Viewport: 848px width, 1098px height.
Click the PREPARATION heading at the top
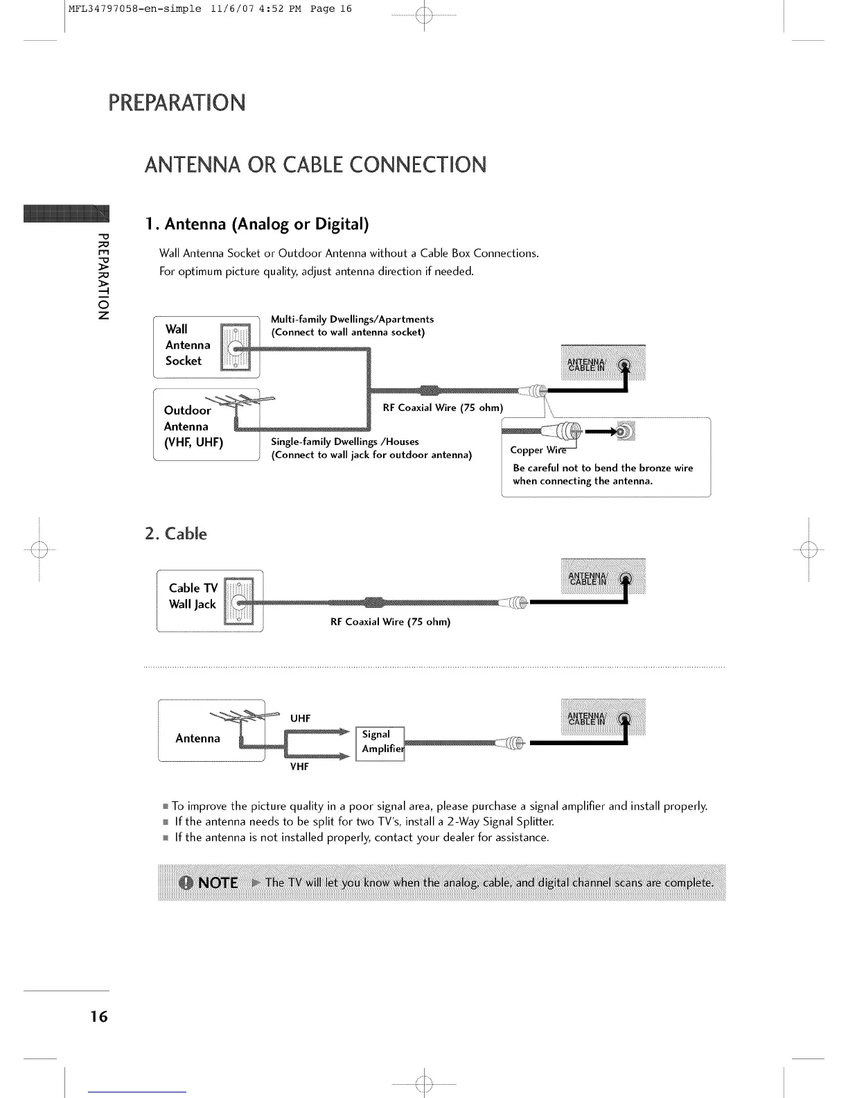tap(177, 103)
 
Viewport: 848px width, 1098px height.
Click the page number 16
tap(99, 1016)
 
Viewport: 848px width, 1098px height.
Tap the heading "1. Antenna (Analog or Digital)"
tap(257, 224)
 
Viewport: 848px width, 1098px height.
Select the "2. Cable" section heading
tap(176, 534)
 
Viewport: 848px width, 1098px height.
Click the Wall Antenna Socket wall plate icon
tap(236, 347)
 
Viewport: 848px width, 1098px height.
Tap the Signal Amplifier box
tap(380, 743)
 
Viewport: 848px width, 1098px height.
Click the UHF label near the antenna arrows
tap(300, 718)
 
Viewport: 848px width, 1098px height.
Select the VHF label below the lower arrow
tap(299, 767)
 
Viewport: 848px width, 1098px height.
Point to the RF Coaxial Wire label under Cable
tap(390, 622)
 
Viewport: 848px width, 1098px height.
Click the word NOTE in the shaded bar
tap(218, 882)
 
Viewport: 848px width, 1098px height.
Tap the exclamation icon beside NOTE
tap(186, 882)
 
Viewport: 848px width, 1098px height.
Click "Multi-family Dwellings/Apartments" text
tap(352, 319)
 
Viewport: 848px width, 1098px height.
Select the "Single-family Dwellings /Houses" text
tap(344, 442)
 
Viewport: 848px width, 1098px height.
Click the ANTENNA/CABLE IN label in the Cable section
tap(587, 579)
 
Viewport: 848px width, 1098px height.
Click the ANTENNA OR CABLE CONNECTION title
tap(315, 165)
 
